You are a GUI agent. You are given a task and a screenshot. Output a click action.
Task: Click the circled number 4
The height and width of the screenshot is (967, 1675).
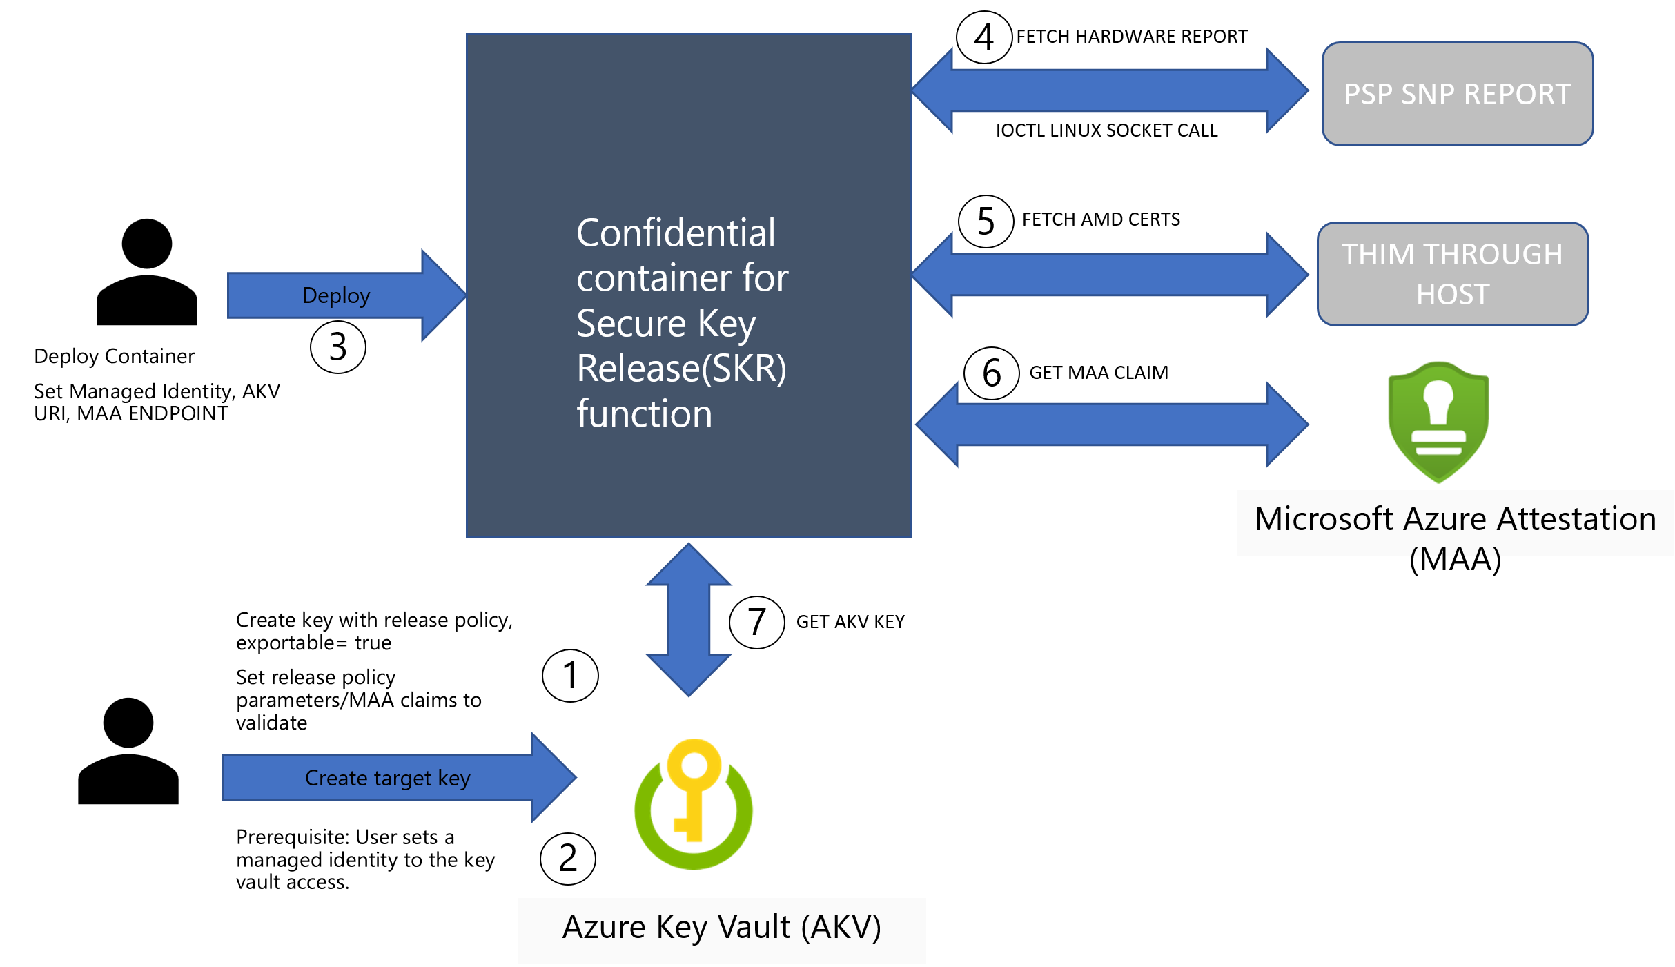pyautogui.click(x=984, y=37)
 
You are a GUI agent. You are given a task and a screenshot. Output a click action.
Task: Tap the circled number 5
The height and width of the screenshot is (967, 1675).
pyautogui.click(x=986, y=222)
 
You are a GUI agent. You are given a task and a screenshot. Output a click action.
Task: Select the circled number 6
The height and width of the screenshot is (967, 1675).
pyautogui.click(x=991, y=373)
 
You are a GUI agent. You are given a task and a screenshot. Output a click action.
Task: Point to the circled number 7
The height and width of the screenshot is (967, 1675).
pyautogui.click(x=756, y=622)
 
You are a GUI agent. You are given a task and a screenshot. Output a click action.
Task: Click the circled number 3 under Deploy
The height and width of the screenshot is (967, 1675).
pyautogui.click(x=337, y=346)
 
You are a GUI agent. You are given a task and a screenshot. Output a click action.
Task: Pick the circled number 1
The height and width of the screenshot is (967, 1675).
pyautogui.click(x=570, y=675)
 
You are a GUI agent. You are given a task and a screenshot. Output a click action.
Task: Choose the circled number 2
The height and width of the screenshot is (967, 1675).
pyautogui.click(x=567, y=858)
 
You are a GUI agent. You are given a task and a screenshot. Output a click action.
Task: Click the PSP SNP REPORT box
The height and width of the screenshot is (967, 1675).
pyautogui.click(x=1457, y=94)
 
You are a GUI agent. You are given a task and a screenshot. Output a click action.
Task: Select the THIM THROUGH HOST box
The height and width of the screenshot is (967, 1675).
pyautogui.click(x=1453, y=274)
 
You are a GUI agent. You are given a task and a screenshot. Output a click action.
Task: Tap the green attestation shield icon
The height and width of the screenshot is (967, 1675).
pyautogui.click(x=1438, y=421)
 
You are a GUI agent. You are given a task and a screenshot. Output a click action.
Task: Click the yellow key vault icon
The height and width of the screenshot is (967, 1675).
pyautogui.click(x=694, y=804)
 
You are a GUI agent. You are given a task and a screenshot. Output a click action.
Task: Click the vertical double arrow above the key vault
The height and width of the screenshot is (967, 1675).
pyautogui.click(x=689, y=619)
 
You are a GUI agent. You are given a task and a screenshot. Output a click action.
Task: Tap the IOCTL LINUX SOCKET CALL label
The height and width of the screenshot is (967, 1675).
pyautogui.click(x=1106, y=130)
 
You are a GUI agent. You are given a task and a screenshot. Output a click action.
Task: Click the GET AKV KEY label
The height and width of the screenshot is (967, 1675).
pyautogui.click(x=850, y=622)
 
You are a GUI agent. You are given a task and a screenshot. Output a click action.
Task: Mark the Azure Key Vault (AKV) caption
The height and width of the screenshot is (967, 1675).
pyautogui.click(x=721, y=927)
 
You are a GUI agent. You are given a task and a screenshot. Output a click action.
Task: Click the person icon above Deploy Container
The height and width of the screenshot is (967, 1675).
pyautogui.click(x=147, y=272)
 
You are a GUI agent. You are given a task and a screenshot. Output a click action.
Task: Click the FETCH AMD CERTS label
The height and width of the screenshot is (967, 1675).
pyautogui.click(x=1101, y=219)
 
